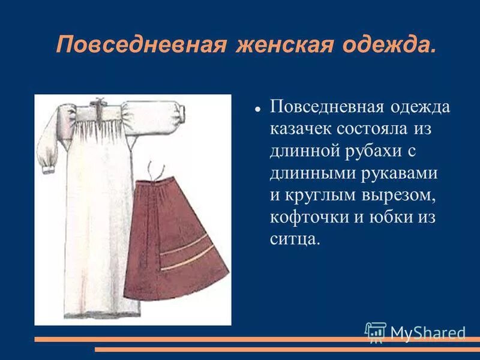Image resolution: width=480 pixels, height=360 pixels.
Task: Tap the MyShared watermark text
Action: pos(428,332)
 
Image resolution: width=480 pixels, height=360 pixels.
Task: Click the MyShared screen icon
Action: pos(376,332)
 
